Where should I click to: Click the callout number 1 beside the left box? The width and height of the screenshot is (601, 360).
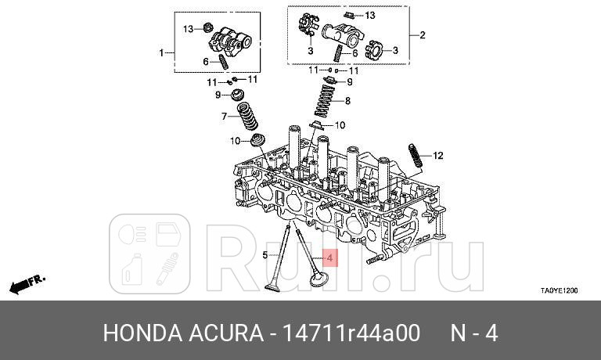162,52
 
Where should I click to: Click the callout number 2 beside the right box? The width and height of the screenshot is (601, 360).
423,35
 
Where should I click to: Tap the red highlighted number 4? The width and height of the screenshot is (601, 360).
329,257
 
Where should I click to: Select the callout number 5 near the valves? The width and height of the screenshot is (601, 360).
265,255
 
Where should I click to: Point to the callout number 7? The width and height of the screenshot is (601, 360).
224,117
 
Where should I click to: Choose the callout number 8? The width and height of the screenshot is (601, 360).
348,101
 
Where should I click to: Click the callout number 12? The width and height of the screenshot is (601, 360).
438,156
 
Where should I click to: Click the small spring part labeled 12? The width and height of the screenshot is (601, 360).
416,156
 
